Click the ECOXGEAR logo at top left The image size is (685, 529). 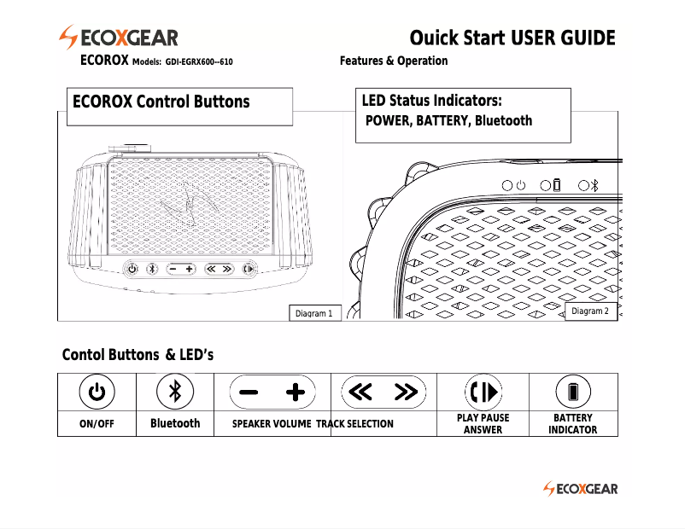(x=118, y=38)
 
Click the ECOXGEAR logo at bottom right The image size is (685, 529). (x=581, y=489)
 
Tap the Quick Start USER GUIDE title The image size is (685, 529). (x=512, y=38)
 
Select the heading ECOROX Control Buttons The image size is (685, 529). (x=161, y=102)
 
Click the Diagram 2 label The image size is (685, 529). (x=589, y=311)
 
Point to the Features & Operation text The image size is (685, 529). (x=393, y=61)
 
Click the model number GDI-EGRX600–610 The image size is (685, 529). (x=199, y=62)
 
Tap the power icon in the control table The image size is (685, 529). (x=97, y=392)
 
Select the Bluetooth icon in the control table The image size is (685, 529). (x=175, y=392)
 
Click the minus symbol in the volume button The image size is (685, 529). (x=249, y=392)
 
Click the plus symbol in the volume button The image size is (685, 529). (x=295, y=392)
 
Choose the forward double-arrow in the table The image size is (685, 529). (x=406, y=392)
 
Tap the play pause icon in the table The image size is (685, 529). (x=483, y=392)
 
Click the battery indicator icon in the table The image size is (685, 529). (x=573, y=392)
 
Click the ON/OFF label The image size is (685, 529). (x=97, y=424)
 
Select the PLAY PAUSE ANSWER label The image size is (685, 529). (x=483, y=424)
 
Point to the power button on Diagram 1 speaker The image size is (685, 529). (x=132, y=269)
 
